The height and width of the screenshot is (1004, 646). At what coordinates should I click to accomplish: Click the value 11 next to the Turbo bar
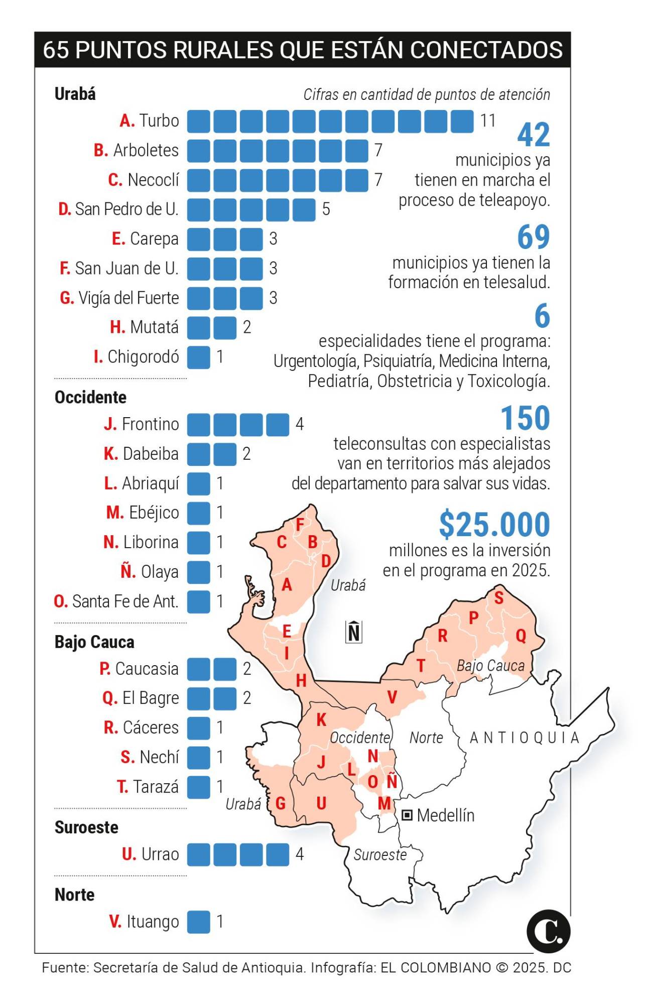[488, 121]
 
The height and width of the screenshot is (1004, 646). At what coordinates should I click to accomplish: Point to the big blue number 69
[534, 237]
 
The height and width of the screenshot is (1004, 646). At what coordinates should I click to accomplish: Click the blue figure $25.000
[494, 525]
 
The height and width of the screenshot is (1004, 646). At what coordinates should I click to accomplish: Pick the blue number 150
[525, 418]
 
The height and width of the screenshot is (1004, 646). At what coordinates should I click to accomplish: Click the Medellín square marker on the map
[407, 815]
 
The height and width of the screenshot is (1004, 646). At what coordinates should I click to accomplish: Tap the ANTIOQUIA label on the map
[525, 737]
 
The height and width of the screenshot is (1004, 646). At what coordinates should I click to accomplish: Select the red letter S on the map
[498, 597]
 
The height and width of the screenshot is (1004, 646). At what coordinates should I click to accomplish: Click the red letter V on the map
[392, 697]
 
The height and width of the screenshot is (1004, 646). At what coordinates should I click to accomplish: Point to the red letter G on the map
[281, 803]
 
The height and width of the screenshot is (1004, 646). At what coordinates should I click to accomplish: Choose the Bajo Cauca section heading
[94, 642]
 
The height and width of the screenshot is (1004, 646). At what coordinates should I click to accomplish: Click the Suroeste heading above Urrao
[86, 827]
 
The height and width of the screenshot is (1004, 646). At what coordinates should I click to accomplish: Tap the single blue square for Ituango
[199, 922]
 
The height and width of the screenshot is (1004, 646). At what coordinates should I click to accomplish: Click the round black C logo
[548, 931]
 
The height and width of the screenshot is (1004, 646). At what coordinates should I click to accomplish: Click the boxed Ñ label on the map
[354, 632]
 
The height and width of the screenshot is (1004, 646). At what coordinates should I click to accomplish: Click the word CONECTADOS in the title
[486, 50]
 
